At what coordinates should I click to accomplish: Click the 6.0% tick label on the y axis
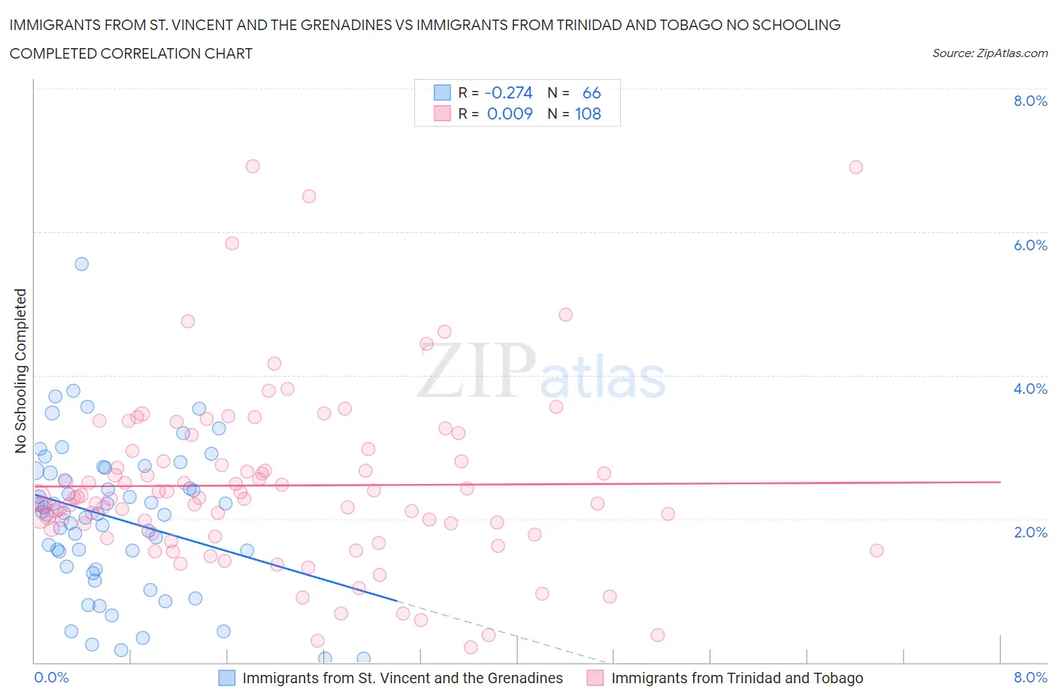(x=1030, y=245)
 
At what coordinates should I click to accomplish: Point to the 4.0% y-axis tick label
(x=1030, y=389)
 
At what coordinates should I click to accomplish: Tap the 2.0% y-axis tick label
(x=1030, y=532)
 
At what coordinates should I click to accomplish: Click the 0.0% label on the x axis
(x=51, y=677)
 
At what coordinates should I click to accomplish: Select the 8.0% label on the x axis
(x=1030, y=677)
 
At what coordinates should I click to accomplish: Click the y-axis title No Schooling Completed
(x=20, y=371)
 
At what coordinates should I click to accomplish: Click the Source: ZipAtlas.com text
(x=989, y=53)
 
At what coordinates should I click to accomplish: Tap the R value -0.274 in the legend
(x=509, y=92)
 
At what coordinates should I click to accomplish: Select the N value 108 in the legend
(x=588, y=113)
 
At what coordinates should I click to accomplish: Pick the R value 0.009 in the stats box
(x=510, y=113)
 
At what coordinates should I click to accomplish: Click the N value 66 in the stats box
(x=592, y=92)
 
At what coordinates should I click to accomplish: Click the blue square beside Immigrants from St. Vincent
(x=226, y=678)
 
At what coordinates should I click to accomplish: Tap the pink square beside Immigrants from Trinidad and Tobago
(x=595, y=678)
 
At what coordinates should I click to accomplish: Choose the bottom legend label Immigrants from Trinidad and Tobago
(x=737, y=678)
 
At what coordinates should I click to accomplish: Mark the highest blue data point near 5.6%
(x=82, y=264)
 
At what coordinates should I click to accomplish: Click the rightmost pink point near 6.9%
(x=856, y=167)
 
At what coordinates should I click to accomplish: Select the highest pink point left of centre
(x=253, y=166)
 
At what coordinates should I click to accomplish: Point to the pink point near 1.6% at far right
(x=876, y=550)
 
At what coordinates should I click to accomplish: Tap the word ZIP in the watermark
(x=477, y=370)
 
